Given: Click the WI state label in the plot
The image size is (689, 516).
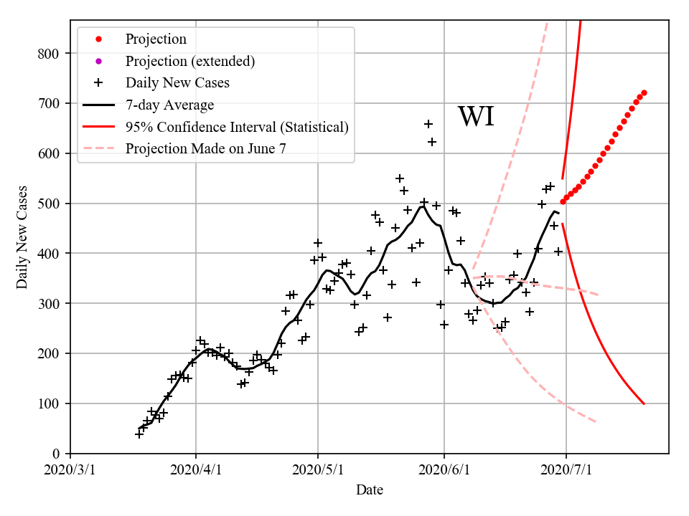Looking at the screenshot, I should click(x=476, y=117).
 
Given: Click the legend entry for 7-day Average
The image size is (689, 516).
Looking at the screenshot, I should click(x=169, y=105).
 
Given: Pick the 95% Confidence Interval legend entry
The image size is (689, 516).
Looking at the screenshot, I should click(x=237, y=128).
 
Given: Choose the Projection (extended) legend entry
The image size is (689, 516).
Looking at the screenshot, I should click(x=189, y=61).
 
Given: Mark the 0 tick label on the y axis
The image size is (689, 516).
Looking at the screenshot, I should click(x=61, y=454).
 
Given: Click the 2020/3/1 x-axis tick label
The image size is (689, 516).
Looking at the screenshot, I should click(x=70, y=470).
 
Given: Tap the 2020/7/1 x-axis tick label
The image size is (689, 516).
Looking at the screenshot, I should click(x=566, y=470).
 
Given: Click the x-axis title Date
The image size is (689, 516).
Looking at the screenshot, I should click(x=370, y=490).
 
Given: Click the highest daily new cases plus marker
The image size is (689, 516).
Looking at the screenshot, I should click(x=428, y=124).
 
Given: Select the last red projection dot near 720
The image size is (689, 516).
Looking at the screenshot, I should click(x=644, y=92).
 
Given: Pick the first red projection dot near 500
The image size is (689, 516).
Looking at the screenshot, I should click(x=563, y=202).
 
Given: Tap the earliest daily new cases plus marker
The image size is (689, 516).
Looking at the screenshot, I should click(x=139, y=434).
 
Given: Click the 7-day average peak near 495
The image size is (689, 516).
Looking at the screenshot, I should click(x=423, y=206).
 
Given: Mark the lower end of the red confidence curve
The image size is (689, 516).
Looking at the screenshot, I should click(x=644, y=404).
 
